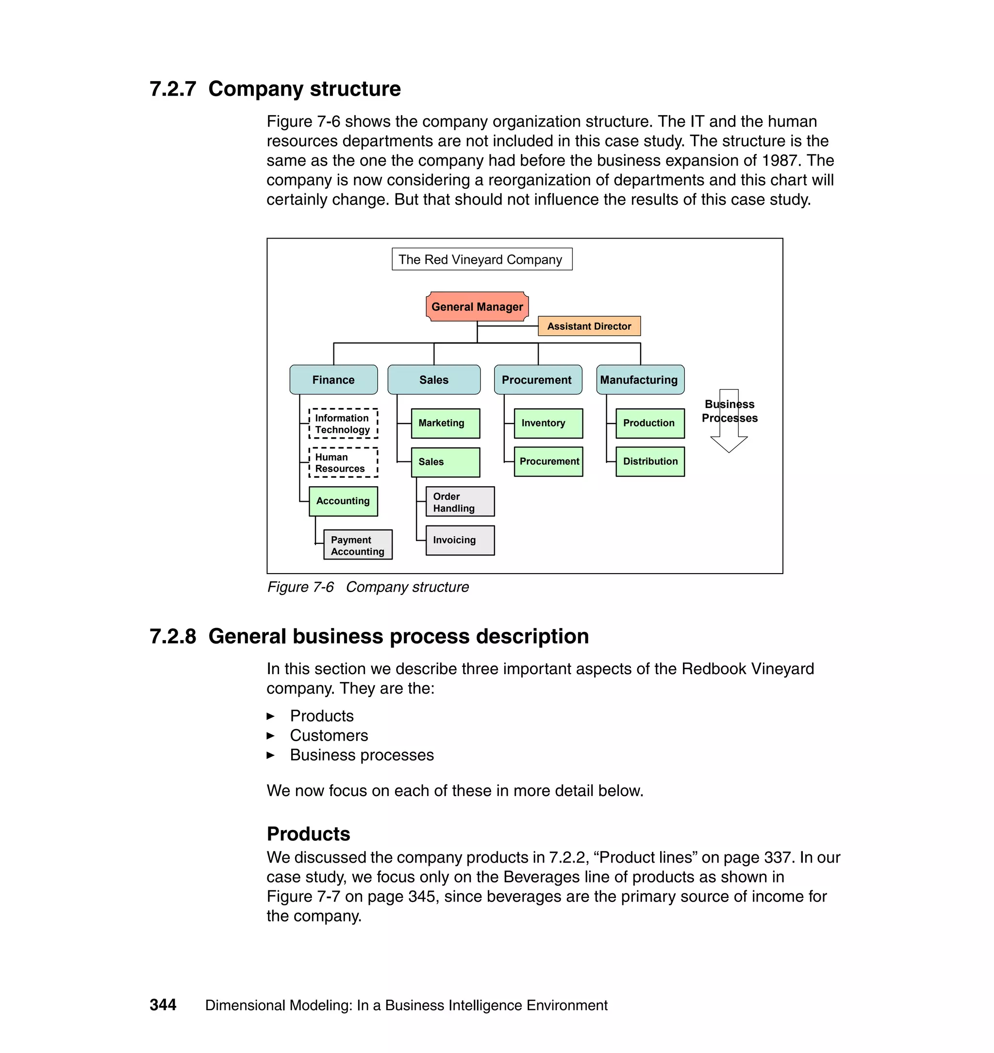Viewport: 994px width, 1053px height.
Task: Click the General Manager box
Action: click(x=477, y=306)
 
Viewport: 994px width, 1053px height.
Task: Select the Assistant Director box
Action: click(x=589, y=326)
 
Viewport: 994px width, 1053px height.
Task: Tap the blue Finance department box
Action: click(x=333, y=380)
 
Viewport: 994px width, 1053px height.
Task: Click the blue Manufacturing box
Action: click(x=640, y=380)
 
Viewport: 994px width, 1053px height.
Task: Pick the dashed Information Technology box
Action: click(x=343, y=424)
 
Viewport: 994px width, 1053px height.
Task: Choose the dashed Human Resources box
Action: click(x=343, y=462)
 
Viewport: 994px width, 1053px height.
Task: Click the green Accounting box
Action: click(x=343, y=501)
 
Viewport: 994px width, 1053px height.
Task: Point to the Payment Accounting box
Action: click(x=358, y=545)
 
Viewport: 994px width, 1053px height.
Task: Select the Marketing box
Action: click(x=445, y=423)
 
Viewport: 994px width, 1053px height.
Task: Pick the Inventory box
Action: click(x=548, y=423)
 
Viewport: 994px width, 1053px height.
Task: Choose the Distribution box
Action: click(x=649, y=461)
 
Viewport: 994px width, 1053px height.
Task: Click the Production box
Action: click(x=649, y=423)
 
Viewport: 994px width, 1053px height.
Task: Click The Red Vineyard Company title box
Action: click(x=481, y=259)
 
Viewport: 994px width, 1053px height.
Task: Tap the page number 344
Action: click(x=163, y=1005)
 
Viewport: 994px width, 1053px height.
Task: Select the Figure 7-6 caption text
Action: click(x=368, y=587)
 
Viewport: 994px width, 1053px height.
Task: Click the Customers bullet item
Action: click(x=329, y=735)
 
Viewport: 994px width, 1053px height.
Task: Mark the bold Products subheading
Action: click(x=308, y=833)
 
